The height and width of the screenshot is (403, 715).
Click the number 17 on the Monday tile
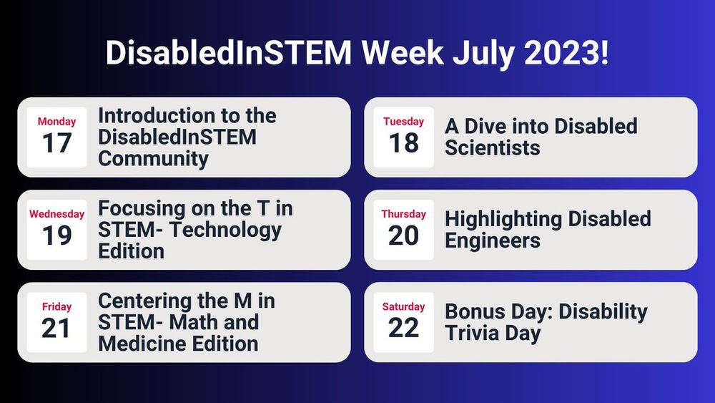point(56,143)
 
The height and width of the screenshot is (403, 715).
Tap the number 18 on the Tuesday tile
point(403,143)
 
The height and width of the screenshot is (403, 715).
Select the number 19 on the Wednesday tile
point(56,236)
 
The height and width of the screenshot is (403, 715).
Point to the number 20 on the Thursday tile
point(403,236)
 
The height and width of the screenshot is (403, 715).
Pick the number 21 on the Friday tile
point(56,328)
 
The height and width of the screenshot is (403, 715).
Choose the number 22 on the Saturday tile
point(403,328)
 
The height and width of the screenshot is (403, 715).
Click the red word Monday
point(56,122)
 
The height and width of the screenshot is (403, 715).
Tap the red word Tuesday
point(403,122)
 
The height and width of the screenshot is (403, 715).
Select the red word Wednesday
point(56,214)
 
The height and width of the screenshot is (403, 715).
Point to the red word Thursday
point(403,214)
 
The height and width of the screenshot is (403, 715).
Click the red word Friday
point(56,306)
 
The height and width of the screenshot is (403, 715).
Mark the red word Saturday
point(403,306)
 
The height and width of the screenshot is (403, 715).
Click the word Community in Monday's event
point(153,158)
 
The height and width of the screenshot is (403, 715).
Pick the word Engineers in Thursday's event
point(491,241)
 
